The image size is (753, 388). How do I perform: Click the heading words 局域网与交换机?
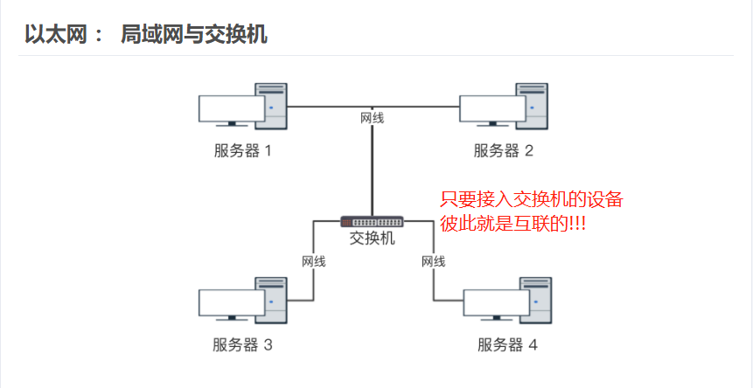point(194,35)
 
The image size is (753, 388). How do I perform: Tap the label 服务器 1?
point(243,150)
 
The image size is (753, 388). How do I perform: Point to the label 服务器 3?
point(243,344)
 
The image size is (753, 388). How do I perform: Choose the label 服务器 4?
point(507,344)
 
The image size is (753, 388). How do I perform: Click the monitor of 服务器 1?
point(230,109)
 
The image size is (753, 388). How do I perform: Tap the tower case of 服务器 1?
point(271,107)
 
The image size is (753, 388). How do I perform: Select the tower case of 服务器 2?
point(532,107)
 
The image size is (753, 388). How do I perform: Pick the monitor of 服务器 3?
point(230,303)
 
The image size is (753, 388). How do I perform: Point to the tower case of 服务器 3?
point(271,301)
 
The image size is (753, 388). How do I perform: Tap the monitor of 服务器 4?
point(495,303)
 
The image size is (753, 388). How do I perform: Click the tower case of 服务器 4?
point(535,301)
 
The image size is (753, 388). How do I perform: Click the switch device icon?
point(373,222)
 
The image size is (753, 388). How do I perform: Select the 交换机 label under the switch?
point(373,239)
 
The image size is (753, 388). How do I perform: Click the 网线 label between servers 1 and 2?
point(373,118)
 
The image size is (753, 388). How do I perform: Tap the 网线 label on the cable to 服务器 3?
point(313,261)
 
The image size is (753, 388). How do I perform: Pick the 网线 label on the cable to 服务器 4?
point(434,261)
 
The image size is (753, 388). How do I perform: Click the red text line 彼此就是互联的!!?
point(512,223)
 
